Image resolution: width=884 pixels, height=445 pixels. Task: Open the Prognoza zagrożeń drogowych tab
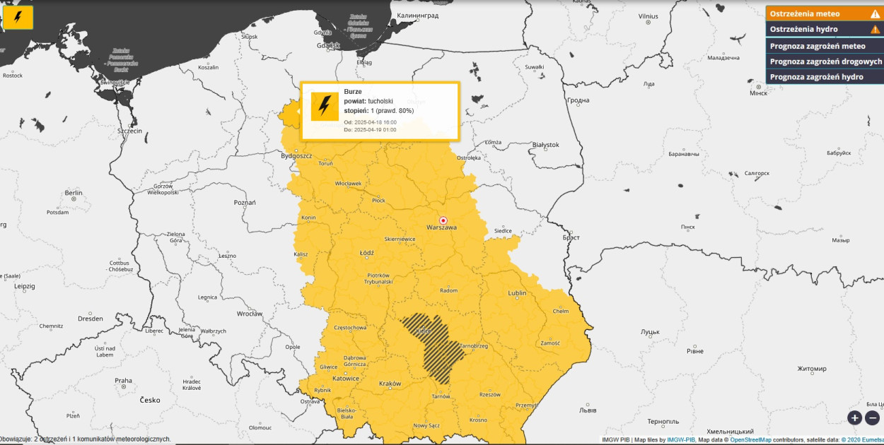(825, 61)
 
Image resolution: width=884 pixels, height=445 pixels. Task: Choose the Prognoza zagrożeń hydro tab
(816, 77)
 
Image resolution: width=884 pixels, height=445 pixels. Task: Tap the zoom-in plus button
(854, 417)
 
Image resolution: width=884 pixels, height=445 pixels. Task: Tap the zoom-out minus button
(872, 417)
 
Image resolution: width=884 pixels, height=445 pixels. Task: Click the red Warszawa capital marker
(443, 220)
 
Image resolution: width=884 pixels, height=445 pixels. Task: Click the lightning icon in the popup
(325, 107)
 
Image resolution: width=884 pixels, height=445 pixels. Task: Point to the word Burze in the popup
(353, 92)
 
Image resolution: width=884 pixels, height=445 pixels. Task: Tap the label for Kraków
(390, 384)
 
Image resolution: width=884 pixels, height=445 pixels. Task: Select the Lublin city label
(517, 293)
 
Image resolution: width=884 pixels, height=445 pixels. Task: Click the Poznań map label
(245, 202)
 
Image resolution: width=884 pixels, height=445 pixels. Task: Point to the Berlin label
(74, 193)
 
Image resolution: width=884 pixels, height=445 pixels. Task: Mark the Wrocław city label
(250, 314)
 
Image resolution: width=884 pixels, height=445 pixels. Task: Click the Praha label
(123, 381)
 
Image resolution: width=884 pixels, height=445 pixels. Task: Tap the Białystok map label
(545, 145)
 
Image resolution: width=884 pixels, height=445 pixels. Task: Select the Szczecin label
(130, 131)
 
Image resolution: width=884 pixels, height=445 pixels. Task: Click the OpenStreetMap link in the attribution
(751, 439)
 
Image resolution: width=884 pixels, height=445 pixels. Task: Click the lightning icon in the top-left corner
(18, 18)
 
